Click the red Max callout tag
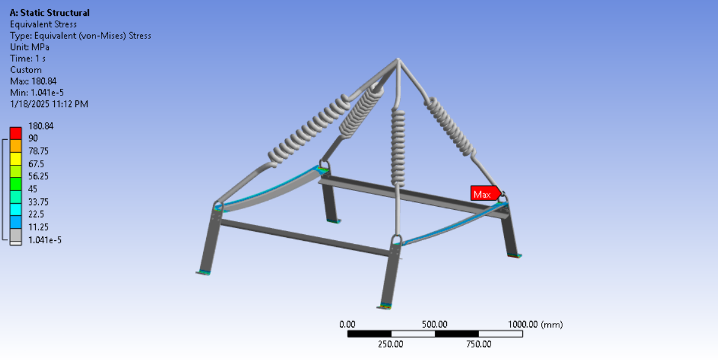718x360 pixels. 485,194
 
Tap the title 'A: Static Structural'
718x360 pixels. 50,13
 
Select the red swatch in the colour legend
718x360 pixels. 16,133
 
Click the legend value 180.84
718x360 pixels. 41,126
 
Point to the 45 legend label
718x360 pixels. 33,189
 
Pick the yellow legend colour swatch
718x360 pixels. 16,159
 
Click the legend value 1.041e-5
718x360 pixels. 45,240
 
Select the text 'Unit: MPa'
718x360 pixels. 29,47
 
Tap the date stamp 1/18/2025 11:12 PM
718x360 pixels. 49,105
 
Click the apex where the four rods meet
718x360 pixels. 398,60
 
